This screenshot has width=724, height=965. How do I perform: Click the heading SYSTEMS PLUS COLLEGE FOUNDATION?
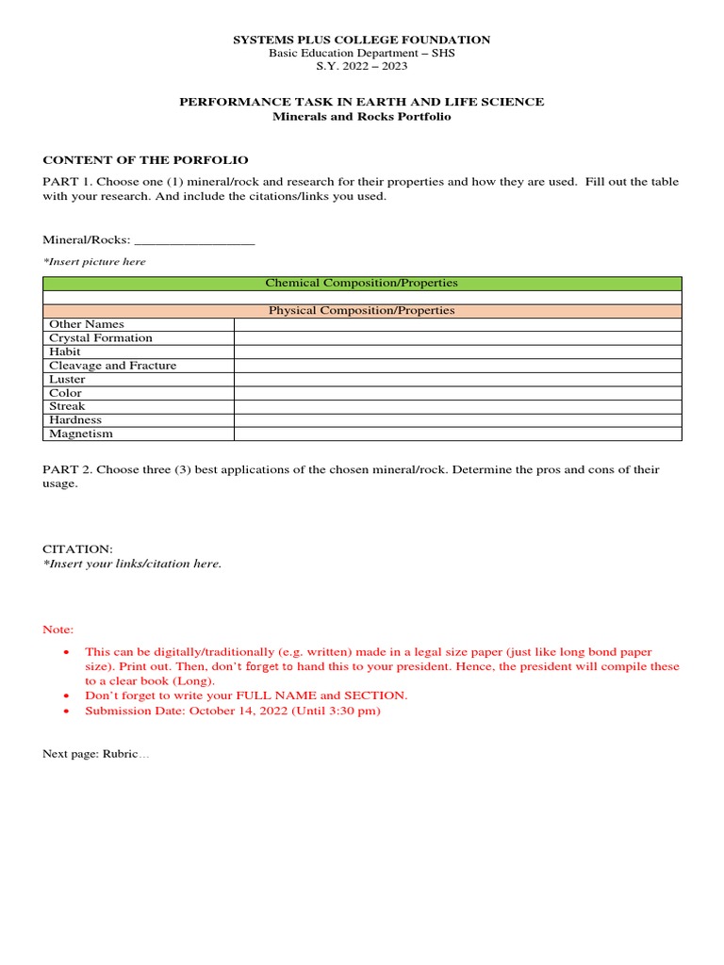pos(362,40)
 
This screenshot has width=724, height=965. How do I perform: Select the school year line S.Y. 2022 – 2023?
pos(362,66)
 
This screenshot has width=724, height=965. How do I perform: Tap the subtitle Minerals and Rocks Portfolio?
pos(362,116)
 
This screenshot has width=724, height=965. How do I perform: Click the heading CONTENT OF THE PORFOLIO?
pos(145,160)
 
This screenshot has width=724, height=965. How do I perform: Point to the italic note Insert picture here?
pos(94,262)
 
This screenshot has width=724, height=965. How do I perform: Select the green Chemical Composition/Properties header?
pos(362,283)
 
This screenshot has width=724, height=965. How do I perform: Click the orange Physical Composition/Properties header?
pos(362,310)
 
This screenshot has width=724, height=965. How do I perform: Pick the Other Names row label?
pos(87,324)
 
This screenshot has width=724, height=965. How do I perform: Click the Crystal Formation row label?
pos(101,337)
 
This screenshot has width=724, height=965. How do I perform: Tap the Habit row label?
pos(65,352)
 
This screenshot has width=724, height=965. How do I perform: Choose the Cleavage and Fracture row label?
pos(113,366)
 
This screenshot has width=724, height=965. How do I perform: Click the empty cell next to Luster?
pos(457,379)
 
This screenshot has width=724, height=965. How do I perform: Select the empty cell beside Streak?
pos(457,406)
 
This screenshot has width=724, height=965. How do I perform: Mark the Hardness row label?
pos(75,420)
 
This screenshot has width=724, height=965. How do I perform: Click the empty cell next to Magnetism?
pos(457,433)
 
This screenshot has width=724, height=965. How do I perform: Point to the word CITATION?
pos(77,548)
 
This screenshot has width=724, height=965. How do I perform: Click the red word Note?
pos(58,630)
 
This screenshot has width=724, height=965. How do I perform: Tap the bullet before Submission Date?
pos(66,711)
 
